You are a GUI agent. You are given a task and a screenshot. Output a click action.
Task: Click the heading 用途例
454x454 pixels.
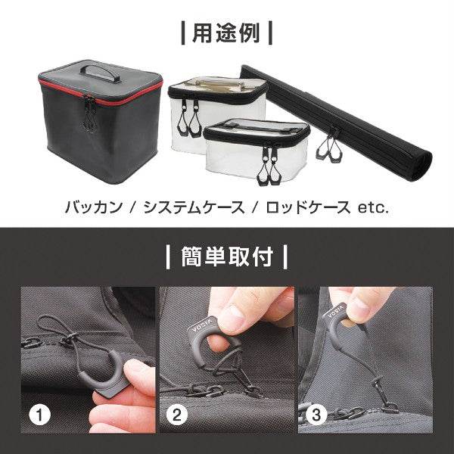[226, 33]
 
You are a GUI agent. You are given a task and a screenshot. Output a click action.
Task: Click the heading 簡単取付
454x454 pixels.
[227, 257]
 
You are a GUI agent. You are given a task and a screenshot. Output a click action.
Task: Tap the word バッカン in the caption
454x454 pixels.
[94, 207]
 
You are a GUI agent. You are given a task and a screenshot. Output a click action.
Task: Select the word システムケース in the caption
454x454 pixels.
[194, 207]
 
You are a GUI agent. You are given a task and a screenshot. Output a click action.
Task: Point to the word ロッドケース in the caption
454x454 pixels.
[308, 207]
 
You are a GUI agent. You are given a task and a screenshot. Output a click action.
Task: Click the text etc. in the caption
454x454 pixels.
[373, 207]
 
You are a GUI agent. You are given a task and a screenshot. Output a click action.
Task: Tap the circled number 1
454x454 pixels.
[39, 415]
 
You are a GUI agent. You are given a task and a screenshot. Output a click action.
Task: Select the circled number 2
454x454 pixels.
[177, 415]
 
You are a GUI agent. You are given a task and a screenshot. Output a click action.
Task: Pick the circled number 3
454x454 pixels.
[316, 415]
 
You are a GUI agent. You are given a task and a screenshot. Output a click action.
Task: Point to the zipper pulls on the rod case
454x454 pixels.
[328, 147]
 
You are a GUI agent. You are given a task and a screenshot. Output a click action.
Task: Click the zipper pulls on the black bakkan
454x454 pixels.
[89, 114]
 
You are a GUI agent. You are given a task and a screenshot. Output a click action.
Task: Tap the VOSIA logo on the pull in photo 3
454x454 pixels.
[336, 312]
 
